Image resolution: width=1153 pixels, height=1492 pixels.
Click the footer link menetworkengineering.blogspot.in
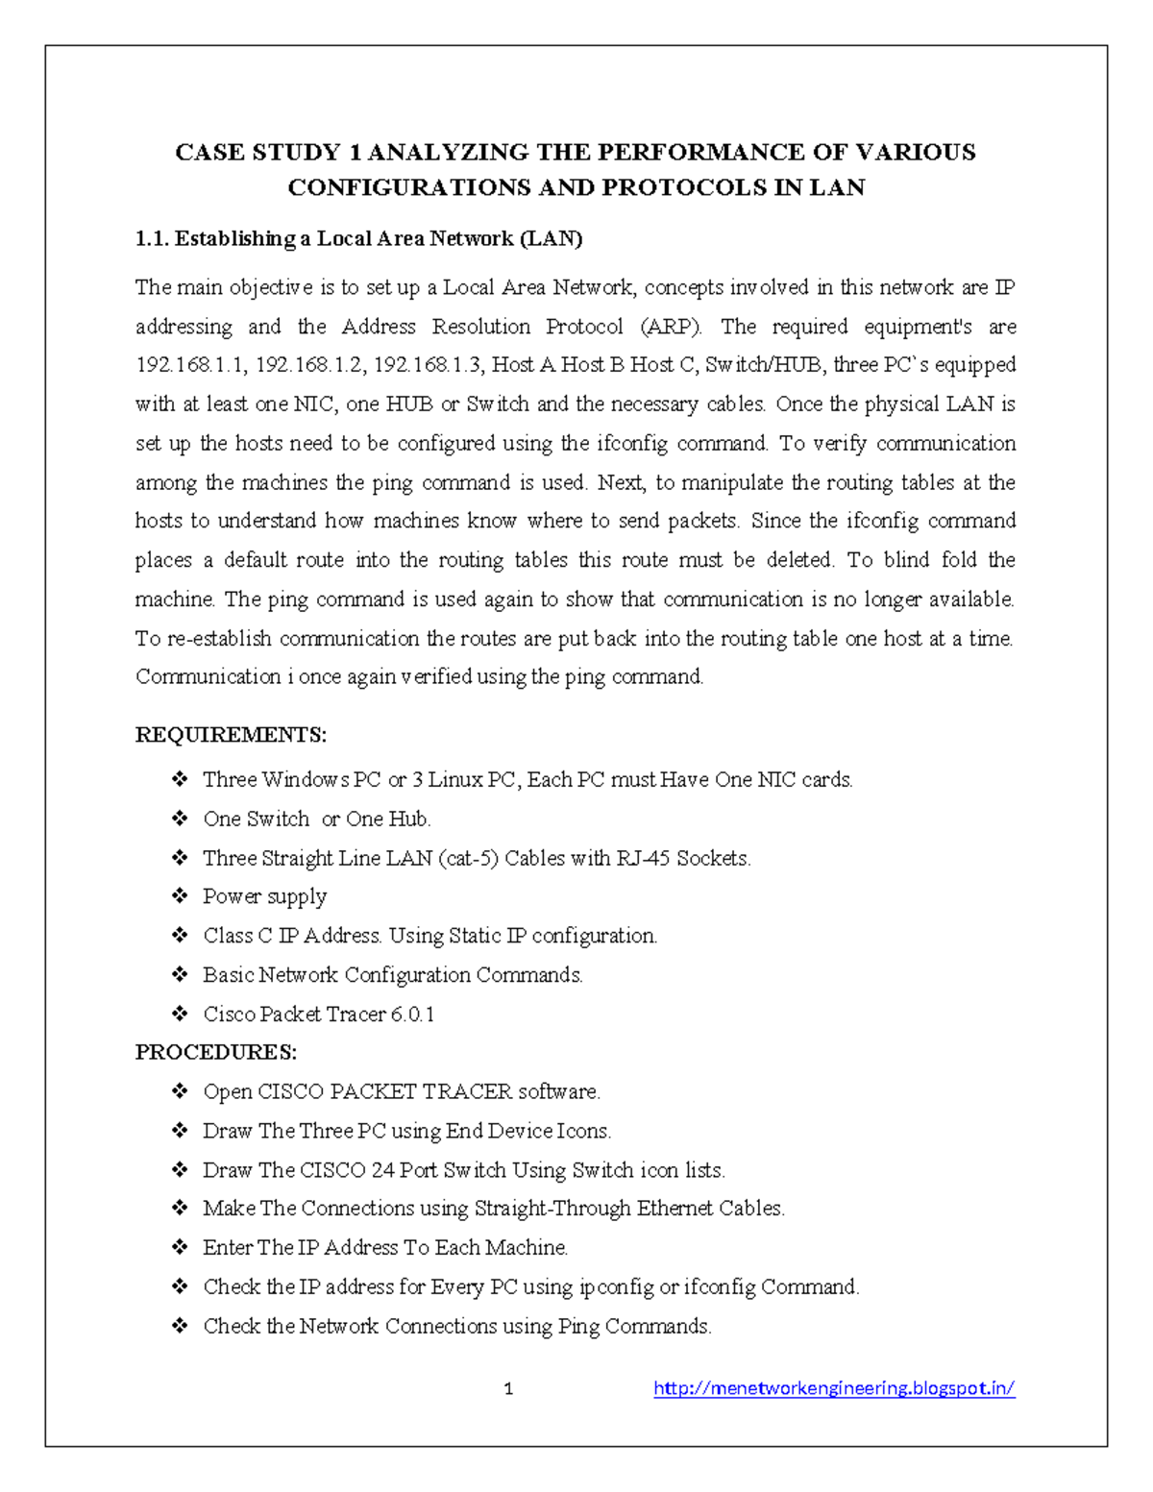point(834,1387)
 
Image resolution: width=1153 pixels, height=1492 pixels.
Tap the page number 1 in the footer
point(508,1389)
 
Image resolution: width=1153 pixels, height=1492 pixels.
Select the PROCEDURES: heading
point(216,1052)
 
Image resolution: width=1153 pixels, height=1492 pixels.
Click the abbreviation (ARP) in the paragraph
point(670,327)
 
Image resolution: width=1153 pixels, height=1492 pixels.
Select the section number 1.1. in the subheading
point(152,238)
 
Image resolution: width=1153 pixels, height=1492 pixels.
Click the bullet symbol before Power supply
point(180,895)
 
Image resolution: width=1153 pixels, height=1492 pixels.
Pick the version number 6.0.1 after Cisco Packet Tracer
point(412,1015)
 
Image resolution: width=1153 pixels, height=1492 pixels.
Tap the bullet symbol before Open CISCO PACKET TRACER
point(180,1091)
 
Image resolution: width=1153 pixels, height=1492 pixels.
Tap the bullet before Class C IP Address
point(180,935)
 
